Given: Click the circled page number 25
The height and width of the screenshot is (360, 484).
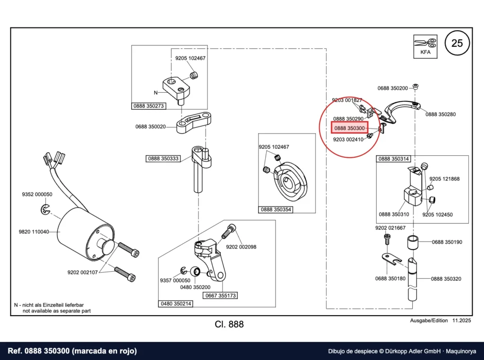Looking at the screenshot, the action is (457, 43).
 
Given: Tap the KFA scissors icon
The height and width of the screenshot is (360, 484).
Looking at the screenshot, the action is (425, 47).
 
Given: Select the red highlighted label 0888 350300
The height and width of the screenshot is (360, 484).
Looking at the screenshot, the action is (349, 128).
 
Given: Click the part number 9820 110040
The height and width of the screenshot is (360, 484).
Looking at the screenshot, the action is (34, 231).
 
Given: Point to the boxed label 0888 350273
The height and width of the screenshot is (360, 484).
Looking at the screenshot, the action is (148, 106).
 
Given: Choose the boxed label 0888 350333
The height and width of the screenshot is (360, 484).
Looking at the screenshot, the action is (163, 159).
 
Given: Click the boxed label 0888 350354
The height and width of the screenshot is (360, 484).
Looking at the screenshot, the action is (276, 209).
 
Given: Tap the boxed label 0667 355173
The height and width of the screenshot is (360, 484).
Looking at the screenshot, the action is (220, 296).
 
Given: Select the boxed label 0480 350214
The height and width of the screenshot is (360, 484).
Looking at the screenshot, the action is (176, 304).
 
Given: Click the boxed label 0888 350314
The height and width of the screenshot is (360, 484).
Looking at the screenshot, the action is (394, 159).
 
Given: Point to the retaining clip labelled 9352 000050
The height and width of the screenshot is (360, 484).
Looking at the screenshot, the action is (45, 209).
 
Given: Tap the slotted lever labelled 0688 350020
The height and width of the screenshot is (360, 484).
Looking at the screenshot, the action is (194, 122).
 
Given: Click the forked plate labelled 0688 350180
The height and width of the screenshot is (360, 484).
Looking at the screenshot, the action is (391, 259).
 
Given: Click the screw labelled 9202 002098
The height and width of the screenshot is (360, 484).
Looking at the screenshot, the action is (228, 231).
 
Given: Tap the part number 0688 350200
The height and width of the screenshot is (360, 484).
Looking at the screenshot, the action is (393, 88).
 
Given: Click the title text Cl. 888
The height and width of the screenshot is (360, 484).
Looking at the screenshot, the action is (229, 324).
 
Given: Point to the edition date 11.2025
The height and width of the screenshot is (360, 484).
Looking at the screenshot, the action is (462, 320).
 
